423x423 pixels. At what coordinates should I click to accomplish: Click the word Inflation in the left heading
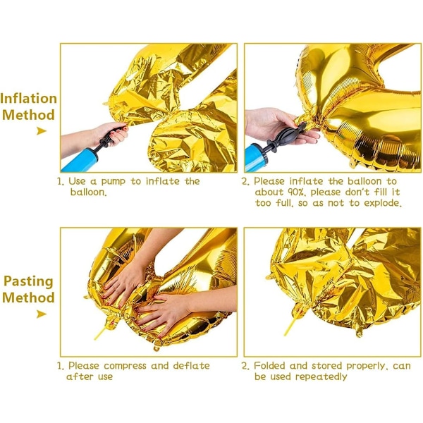coord(29,99)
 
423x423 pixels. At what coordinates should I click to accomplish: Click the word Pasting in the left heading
coord(28,281)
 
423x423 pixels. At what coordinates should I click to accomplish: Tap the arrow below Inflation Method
coord(42,131)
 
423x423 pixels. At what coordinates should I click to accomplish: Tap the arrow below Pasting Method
coord(42,314)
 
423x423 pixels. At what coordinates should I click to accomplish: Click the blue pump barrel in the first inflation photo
coord(80,160)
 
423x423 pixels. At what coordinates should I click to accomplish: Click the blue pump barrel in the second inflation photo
coord(255,159)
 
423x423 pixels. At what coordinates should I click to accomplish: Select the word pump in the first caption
coord(114,182)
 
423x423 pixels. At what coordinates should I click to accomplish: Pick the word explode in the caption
coord(383,204)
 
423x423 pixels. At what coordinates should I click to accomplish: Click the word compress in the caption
coord(125,366)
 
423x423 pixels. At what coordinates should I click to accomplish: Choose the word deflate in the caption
coord(191,365)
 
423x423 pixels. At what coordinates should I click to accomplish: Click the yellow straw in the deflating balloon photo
coord(102,331)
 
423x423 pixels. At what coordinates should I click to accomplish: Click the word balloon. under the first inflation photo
coord(89,192)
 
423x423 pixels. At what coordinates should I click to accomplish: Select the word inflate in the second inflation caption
coord(306,181)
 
